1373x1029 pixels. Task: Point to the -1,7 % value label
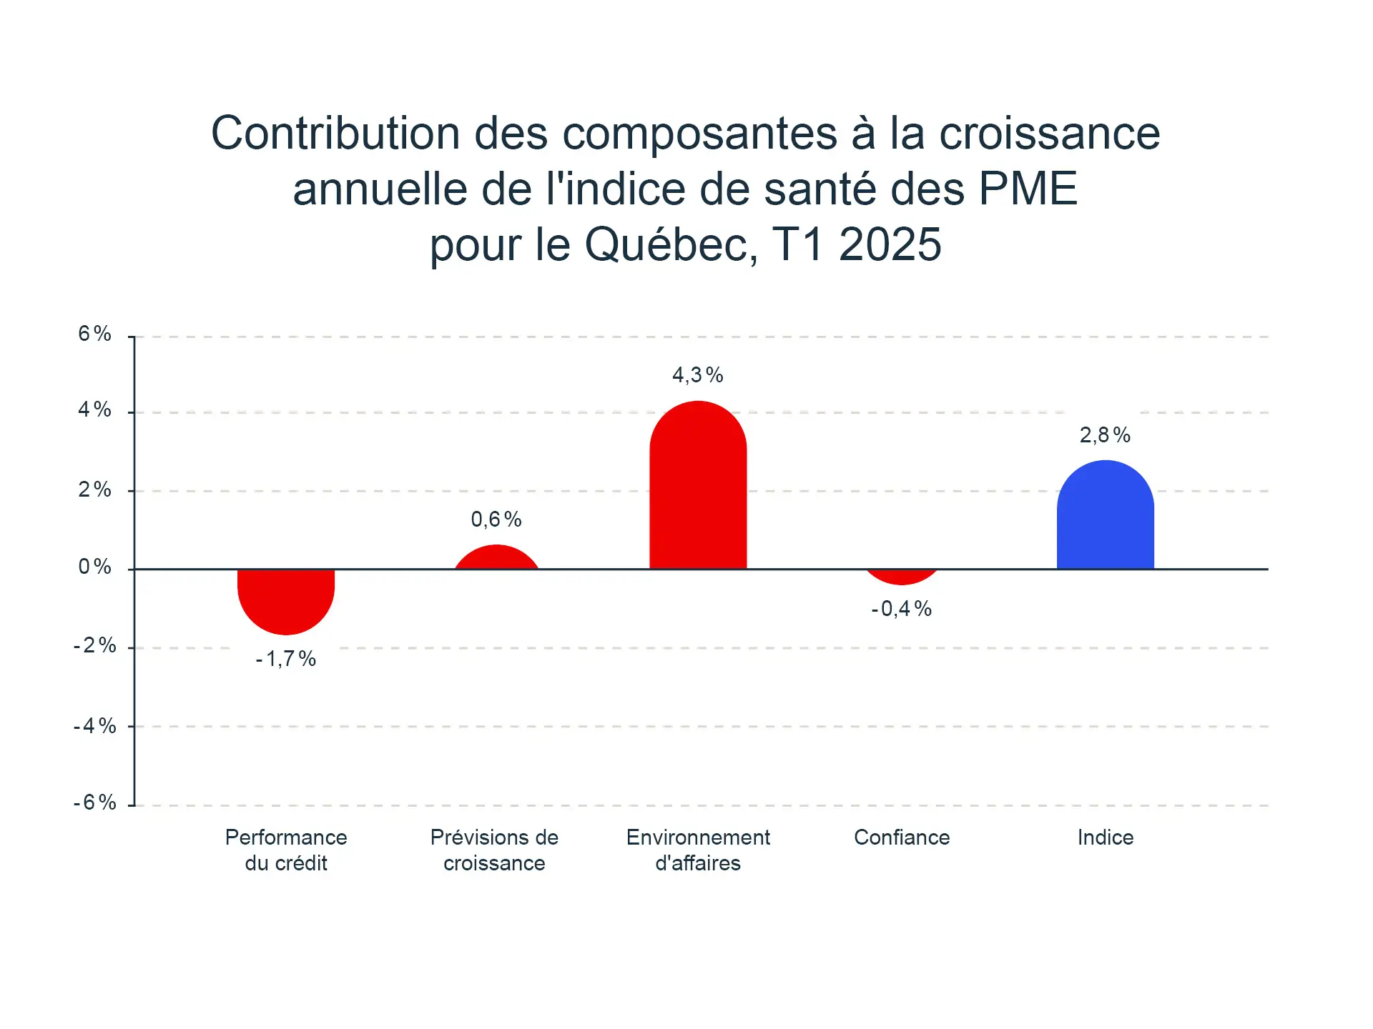[286, 659]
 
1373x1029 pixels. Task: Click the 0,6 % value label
[496, 520]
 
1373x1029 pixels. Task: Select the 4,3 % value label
[698, 375]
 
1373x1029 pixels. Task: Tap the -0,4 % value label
[902, 609]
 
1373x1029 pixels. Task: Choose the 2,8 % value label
[1105, 435]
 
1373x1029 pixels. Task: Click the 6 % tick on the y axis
[95, 334]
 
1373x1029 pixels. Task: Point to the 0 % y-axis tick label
[95, 567]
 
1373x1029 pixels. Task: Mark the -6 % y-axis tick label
[95, 802]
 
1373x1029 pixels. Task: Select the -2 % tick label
[95, 646]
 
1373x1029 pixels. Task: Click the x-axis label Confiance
[902, 837]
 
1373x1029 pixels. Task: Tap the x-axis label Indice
[1106, 837]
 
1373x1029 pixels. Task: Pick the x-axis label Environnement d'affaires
[698, 850]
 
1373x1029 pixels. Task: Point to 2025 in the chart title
[890, 245]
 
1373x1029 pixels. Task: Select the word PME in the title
[1028, 189]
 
